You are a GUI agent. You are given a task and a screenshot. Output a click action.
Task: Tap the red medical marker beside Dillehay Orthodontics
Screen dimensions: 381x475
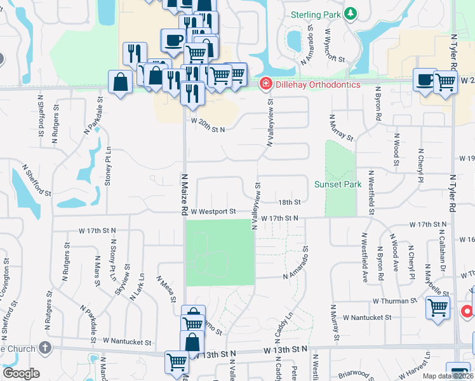click(x=265, y=84)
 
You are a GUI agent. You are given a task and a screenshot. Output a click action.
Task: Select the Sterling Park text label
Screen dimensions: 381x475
click(x=316, y=14)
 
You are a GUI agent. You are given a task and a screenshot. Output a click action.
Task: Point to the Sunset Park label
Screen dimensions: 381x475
click(x=338, y=185)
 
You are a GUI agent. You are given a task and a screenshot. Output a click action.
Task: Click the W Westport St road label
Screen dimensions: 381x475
click(x=213, y=211)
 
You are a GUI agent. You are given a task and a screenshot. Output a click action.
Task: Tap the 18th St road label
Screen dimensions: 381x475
click(x=289, y=202)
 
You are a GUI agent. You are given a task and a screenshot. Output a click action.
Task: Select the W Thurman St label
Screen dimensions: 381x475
click(x=394, y=300)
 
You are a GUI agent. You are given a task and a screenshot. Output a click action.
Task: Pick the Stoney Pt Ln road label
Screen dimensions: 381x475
click(x=109, y=167)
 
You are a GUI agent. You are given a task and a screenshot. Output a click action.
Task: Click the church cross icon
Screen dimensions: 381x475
click(x=44, y=347)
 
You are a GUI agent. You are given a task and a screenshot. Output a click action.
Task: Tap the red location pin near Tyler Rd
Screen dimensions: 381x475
click(x=467, y=312)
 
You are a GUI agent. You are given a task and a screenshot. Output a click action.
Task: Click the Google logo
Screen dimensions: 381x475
click(x=21, y=373)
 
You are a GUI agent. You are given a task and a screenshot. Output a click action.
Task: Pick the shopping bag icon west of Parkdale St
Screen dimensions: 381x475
click(x=120, y=83)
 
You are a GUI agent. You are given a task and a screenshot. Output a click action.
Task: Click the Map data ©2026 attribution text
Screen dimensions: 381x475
click(x=446, y=376)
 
